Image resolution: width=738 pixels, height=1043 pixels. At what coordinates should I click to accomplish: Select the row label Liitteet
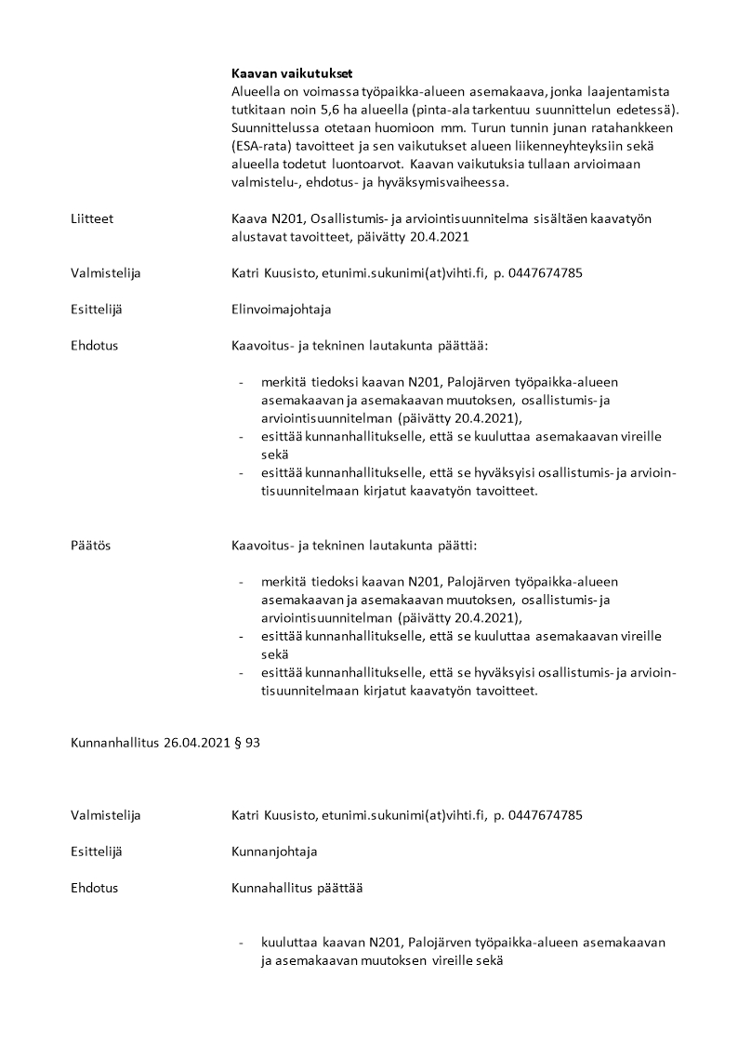91,219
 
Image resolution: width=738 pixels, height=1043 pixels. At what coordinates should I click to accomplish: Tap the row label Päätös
90,546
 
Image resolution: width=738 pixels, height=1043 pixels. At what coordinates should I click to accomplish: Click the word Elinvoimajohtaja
281,310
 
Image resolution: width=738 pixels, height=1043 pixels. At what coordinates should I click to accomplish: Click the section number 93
253,744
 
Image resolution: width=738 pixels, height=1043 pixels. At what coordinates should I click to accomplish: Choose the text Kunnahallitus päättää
297,888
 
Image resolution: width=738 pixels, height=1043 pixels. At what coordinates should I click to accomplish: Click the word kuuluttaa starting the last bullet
291,943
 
